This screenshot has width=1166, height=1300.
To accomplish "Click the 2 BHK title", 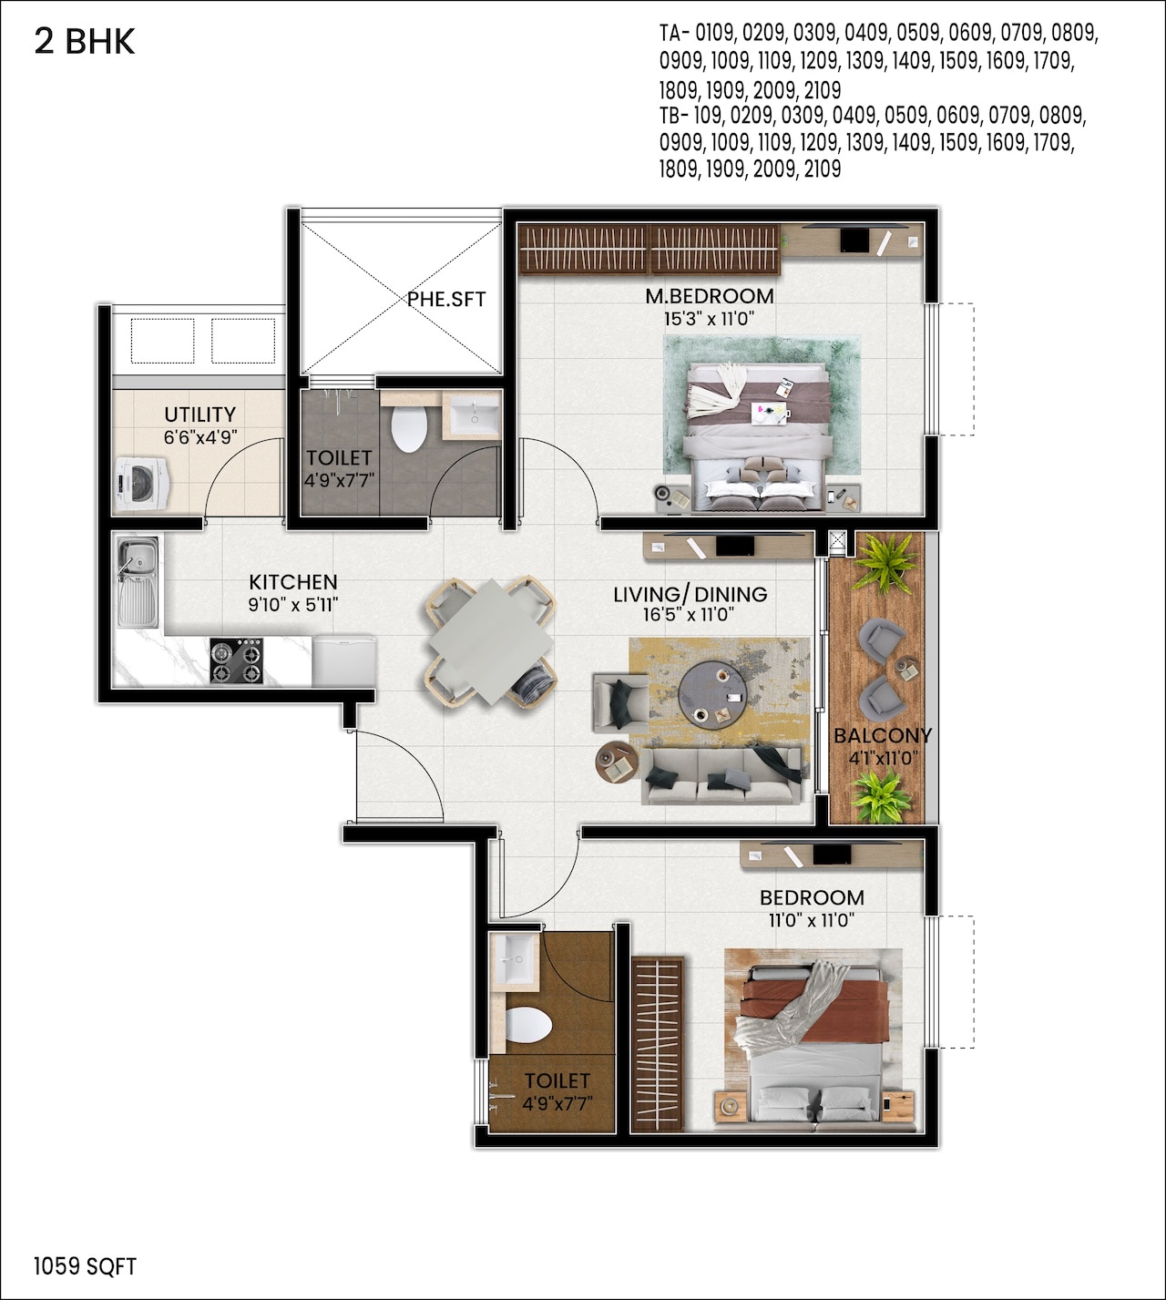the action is coord(85,42).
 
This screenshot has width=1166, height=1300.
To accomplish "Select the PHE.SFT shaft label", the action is coord(446,299).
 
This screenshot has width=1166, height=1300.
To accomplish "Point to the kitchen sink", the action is coord(138,581).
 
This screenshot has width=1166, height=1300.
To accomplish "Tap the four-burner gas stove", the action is coord(236,660).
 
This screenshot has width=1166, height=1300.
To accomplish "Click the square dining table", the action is coord(491,641).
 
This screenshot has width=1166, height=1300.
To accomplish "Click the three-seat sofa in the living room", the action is coord(721,775).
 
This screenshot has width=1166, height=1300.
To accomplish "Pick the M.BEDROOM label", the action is coord(710,296).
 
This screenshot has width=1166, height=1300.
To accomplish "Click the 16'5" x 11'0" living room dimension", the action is coord(689,615).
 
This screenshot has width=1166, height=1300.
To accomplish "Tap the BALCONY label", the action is coord(883,735).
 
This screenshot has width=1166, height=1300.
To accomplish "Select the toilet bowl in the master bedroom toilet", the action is coord(409,429).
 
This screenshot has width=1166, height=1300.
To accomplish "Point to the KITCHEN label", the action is coord(293,582).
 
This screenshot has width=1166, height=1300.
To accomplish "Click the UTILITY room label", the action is coord(200,415).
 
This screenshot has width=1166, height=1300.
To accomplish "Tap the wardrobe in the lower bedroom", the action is coord(657,1043).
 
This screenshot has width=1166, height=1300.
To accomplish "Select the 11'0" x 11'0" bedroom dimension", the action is coord(812,921).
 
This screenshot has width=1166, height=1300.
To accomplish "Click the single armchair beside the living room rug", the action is coord(620,703).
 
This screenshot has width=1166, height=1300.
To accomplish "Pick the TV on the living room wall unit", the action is coord(735,546).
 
